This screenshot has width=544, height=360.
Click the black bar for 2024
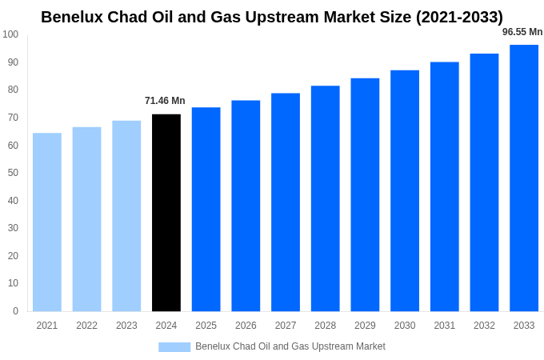coord(166,213)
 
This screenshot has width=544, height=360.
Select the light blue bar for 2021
coord(47,222)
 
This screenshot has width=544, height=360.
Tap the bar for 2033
coord(524,178)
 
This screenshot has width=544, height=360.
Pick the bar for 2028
coord(325,198)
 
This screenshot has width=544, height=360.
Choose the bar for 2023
coord(126,216)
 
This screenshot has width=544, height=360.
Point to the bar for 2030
coord(405,190)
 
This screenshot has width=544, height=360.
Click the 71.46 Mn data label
coord(165,101)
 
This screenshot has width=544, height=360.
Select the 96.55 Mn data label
coord(522,32)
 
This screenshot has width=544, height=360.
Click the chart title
coord(272,17)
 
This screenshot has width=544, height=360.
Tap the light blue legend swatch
coord(174,347)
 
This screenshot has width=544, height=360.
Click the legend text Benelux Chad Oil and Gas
coord(290,346)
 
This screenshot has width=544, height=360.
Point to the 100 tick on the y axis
coord(10,34)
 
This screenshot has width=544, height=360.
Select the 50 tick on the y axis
coord(13,173)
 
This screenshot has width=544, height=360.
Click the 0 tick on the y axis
coord(15,311)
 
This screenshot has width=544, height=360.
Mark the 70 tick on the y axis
coord(13,118)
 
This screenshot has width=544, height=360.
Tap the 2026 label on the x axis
coord(246,326)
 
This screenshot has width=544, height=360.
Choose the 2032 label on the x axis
coord(484,326)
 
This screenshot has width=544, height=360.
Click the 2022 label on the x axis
coord(86,326)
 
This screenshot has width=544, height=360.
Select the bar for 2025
coord(206,210)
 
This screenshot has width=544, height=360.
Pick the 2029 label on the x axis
coord(365,326)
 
